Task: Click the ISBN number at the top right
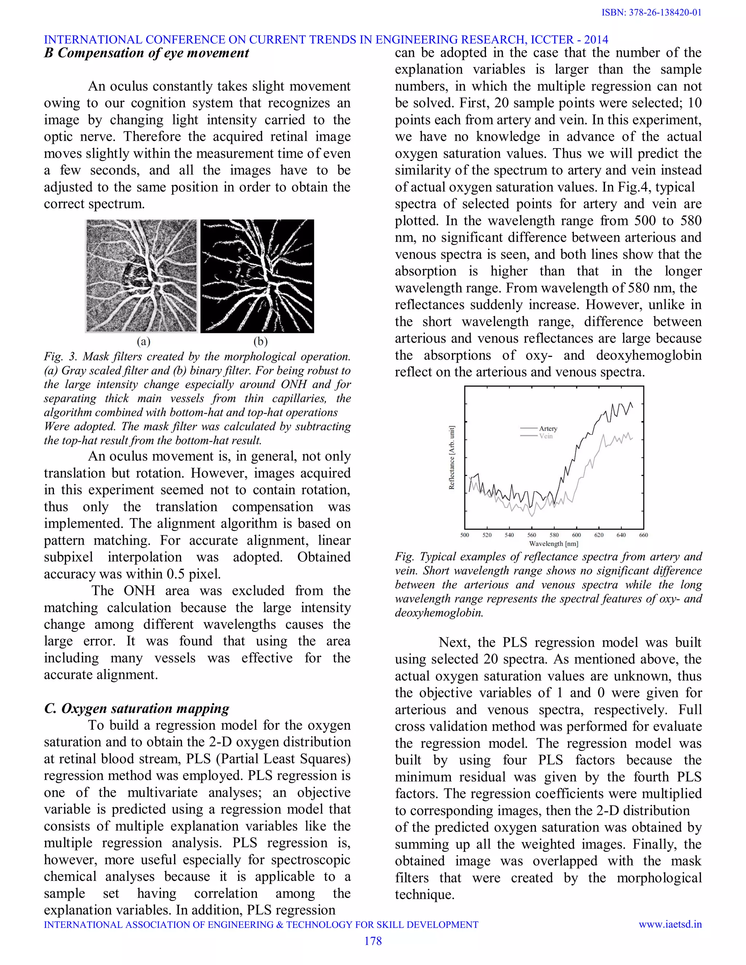651,12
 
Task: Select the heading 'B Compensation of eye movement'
146,53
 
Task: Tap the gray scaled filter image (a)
141,276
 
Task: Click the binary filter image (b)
257,276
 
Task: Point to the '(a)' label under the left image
143,341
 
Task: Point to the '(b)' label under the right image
260,341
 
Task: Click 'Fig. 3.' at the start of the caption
60,357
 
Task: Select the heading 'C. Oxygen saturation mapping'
137,708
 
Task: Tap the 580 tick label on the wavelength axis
554,535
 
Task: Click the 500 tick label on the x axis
464,535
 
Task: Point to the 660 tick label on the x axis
644,535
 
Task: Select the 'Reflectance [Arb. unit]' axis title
452,457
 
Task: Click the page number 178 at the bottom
373,941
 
